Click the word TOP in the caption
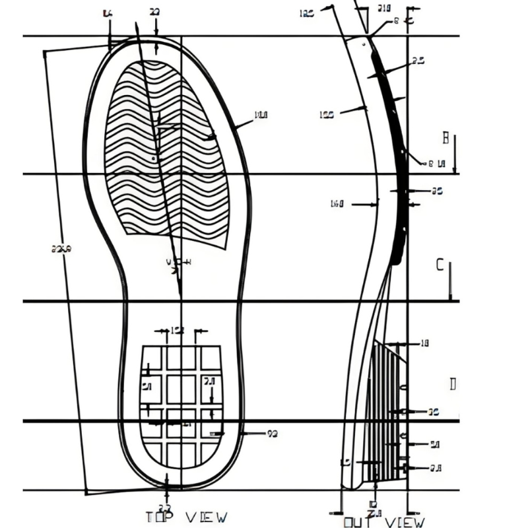pyautogui.click(x=160, y=517)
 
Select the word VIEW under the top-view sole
pyautogui.click(x=206, y=517)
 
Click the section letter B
pyautogui.click(x=446, y=139)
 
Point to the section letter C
pyautogui.click(x=440, y=265)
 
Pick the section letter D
pyautogui.click(x=453, y=384)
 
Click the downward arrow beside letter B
pyautogui.click(x=455, y=155)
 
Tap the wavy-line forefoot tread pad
pyautogui.click(x=165, y=152)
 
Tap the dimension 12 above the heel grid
pyautogui.click(x=178, y=330)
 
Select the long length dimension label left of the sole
pyautogui.click(x=61, y=248)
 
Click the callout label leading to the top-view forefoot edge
pyautogui.click(x=261, y=115)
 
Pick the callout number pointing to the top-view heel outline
pyautogui.click(x=271, y=434)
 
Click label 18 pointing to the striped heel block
pyautogui.click(x=424, y=343)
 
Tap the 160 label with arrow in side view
pyautogui.click(x=337, y=204)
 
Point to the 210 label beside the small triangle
pyautogui.click(x=383, y=8)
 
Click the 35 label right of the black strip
pyautogui.click(x=436, y=191)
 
